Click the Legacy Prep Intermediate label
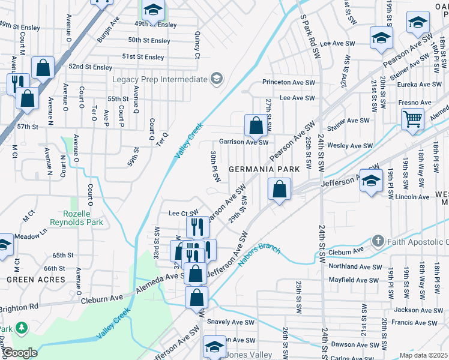coord(158,79)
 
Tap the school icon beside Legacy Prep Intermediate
coord(215,79)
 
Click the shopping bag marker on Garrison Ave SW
coord(256,126)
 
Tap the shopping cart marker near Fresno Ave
coord(412,119)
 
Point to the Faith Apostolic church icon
coord(378,241)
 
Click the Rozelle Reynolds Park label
coord(83,218)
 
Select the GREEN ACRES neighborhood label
coord(35,280)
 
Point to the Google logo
coord(19,353)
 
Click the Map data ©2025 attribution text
coord(423,355)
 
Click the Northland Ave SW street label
coord(355,267)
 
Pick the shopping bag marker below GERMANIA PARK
coord(280,190)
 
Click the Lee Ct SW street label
coord(182,213)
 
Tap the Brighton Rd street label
coord(19,305)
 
